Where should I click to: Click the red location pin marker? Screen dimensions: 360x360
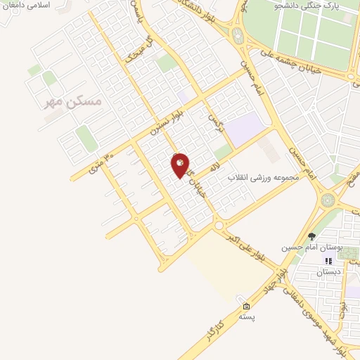(x=181, y=164)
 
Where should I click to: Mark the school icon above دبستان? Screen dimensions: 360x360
(x=328, y=261)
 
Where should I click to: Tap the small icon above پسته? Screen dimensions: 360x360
(x=246, y=307)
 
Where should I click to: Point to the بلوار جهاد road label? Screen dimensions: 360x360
(x=284, y=276)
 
